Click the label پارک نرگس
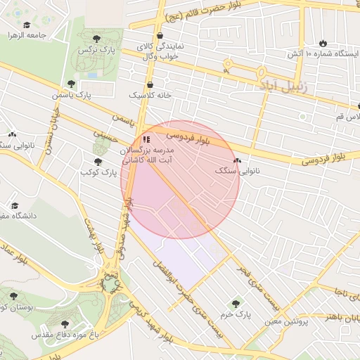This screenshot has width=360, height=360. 96,51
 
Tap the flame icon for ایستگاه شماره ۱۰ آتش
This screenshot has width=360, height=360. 323,43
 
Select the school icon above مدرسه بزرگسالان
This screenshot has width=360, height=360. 146,140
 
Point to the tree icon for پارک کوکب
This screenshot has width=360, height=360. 97,161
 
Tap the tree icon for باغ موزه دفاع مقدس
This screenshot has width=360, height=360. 65,324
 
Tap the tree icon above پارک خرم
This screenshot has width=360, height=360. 236,304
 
